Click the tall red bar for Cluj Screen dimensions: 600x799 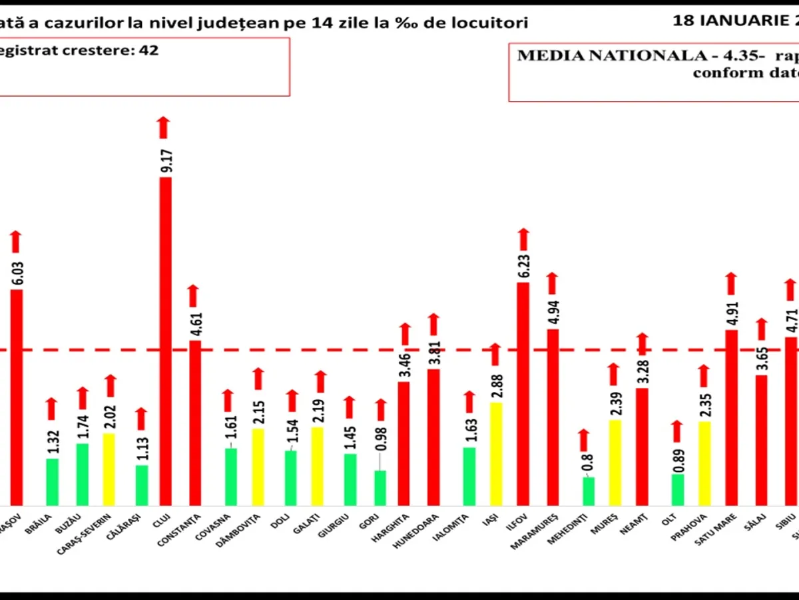pos(165,340)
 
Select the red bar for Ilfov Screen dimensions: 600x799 pos(523,393)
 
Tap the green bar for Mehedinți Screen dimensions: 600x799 pos(589,491)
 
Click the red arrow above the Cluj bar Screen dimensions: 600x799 pos(164,127)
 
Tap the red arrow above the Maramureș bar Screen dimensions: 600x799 pos(552,283)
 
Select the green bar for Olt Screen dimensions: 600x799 pos(677,489)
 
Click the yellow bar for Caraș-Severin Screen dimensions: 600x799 pos(109,469)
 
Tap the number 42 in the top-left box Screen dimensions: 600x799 pos(148,50)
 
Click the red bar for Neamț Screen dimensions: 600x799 pos(642,447)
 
